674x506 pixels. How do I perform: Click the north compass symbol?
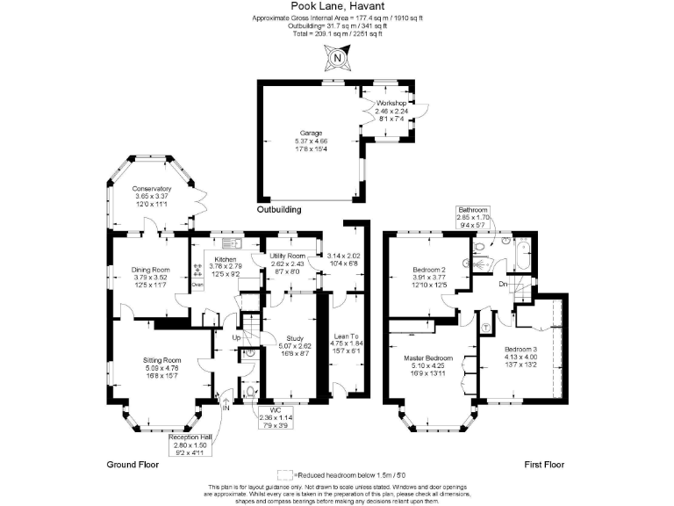point(337,59)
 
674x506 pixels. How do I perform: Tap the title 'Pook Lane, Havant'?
point(336,6)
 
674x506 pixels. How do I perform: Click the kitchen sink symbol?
point(232,243)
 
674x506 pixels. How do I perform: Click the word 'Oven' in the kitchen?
point(197,284)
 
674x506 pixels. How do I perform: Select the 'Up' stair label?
point(236,337)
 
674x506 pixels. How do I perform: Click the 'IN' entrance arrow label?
point(226,408)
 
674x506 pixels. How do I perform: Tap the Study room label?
point(294,338)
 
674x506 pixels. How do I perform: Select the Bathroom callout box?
point(472,217)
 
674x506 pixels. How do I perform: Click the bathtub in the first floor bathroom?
point(523,256)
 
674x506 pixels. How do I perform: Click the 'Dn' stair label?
point(503,284)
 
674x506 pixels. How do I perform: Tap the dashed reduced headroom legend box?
point(284,473)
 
